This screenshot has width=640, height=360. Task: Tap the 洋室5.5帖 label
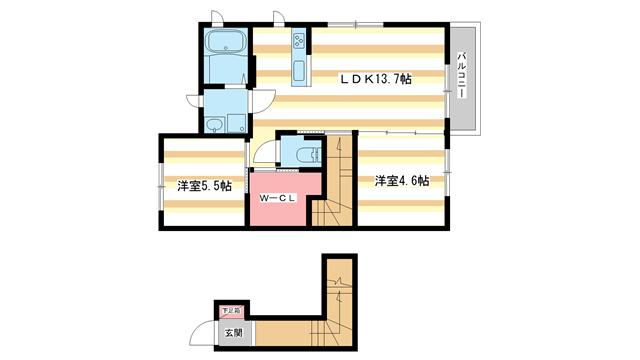tap(205, 186)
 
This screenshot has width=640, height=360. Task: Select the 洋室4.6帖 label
tap(402, 181)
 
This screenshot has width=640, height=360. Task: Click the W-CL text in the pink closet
tap(277, 199)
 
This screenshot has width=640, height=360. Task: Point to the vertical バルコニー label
tap(462, 78)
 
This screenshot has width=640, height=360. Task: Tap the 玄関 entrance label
tap(232, 332)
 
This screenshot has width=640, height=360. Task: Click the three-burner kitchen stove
tap(298, 43)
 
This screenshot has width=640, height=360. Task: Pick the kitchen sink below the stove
tap(298, 70)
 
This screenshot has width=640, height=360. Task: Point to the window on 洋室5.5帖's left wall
tap(160, 185)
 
